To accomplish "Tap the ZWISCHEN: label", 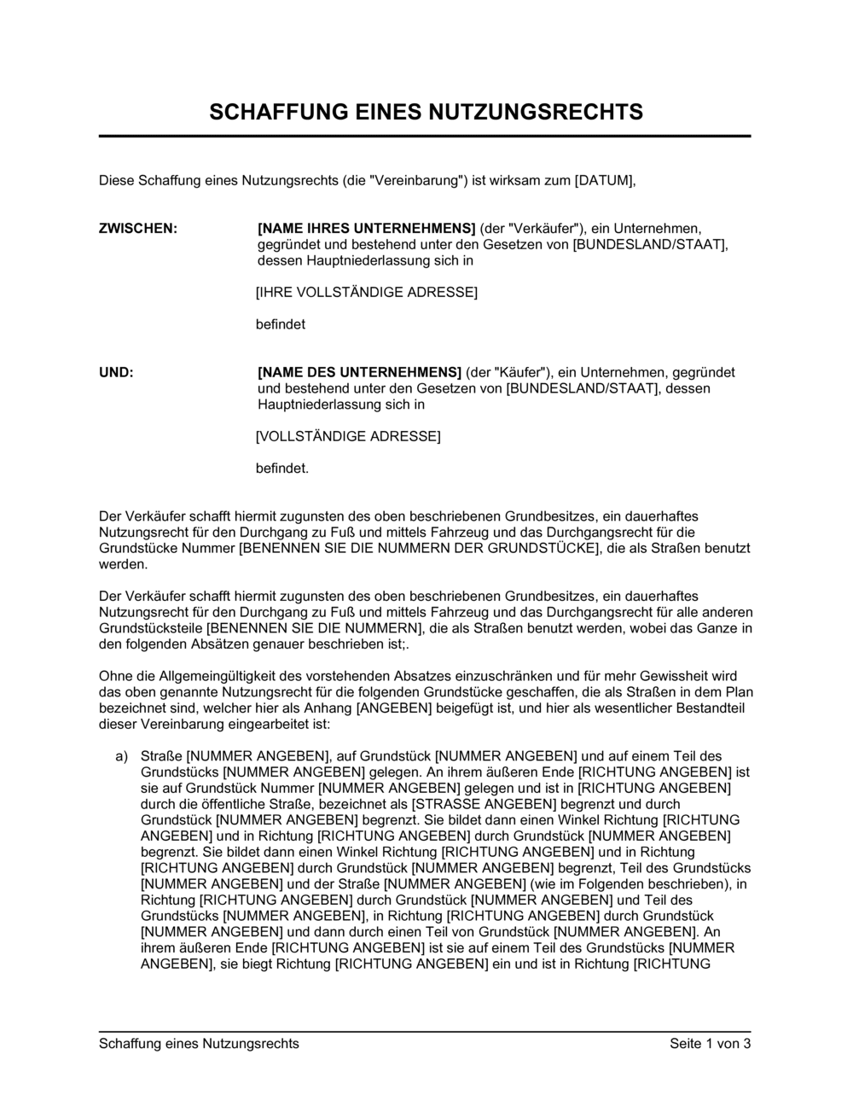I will (x=138, y=229).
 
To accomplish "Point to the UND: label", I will (x=117, y=372).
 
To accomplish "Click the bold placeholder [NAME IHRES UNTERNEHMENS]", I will (x=366, y=229).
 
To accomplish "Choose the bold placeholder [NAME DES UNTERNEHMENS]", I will (x=359, y=372).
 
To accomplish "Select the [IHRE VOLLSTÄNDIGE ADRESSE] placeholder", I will (x=367, y=293).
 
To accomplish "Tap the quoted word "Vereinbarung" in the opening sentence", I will (x=413, y=180).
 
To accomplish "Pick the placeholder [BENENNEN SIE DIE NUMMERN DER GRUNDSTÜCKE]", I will (x=415, y=548).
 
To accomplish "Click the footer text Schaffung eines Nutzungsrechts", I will (x=199, y=1043).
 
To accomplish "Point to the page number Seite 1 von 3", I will (x=710, y=1043).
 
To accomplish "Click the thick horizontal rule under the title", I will (x=425, y=137).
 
